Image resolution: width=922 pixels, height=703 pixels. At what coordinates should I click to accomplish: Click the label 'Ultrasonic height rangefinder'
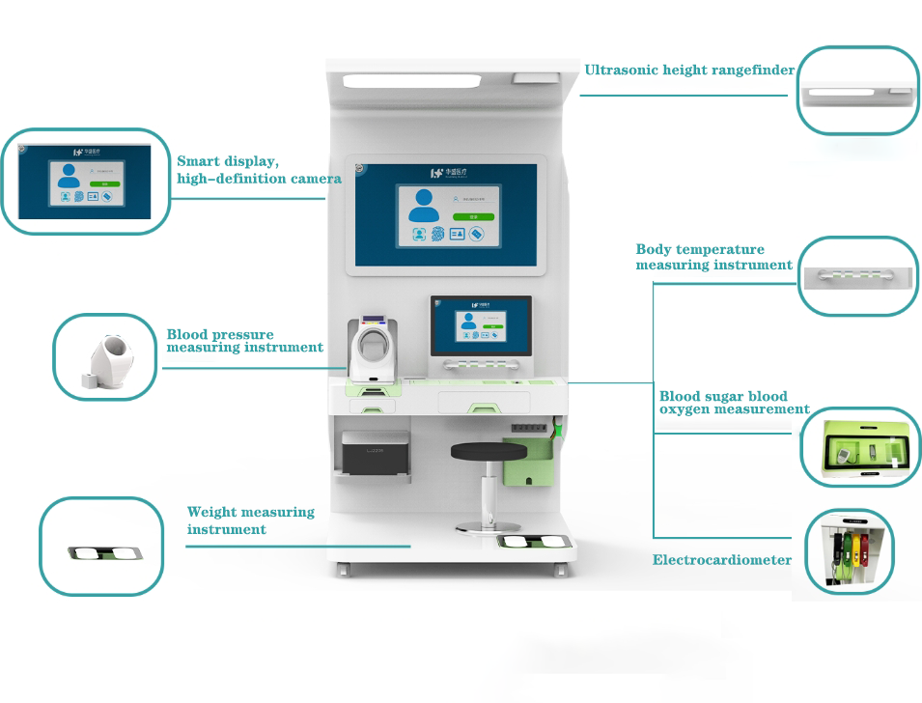coord(689,70)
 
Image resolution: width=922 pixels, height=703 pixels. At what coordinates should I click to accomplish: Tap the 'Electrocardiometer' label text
coord(722,560)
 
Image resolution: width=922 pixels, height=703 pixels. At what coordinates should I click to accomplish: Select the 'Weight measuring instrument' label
coord(250,520)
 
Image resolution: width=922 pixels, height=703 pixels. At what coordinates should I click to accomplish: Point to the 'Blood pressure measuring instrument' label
coord(244,341)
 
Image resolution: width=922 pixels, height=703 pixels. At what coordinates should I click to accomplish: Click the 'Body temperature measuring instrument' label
coord(713,257)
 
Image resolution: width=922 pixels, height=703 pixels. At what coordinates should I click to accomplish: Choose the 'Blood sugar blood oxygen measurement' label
coord(734,403)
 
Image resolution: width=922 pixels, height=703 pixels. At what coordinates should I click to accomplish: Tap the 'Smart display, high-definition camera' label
coord(259,170)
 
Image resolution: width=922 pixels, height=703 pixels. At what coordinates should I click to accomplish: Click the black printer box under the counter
coord(376,453)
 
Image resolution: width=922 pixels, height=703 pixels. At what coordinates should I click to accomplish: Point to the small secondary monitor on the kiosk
coord(481,325)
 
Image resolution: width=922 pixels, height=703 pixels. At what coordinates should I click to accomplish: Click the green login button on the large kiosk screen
coord(474,217)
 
